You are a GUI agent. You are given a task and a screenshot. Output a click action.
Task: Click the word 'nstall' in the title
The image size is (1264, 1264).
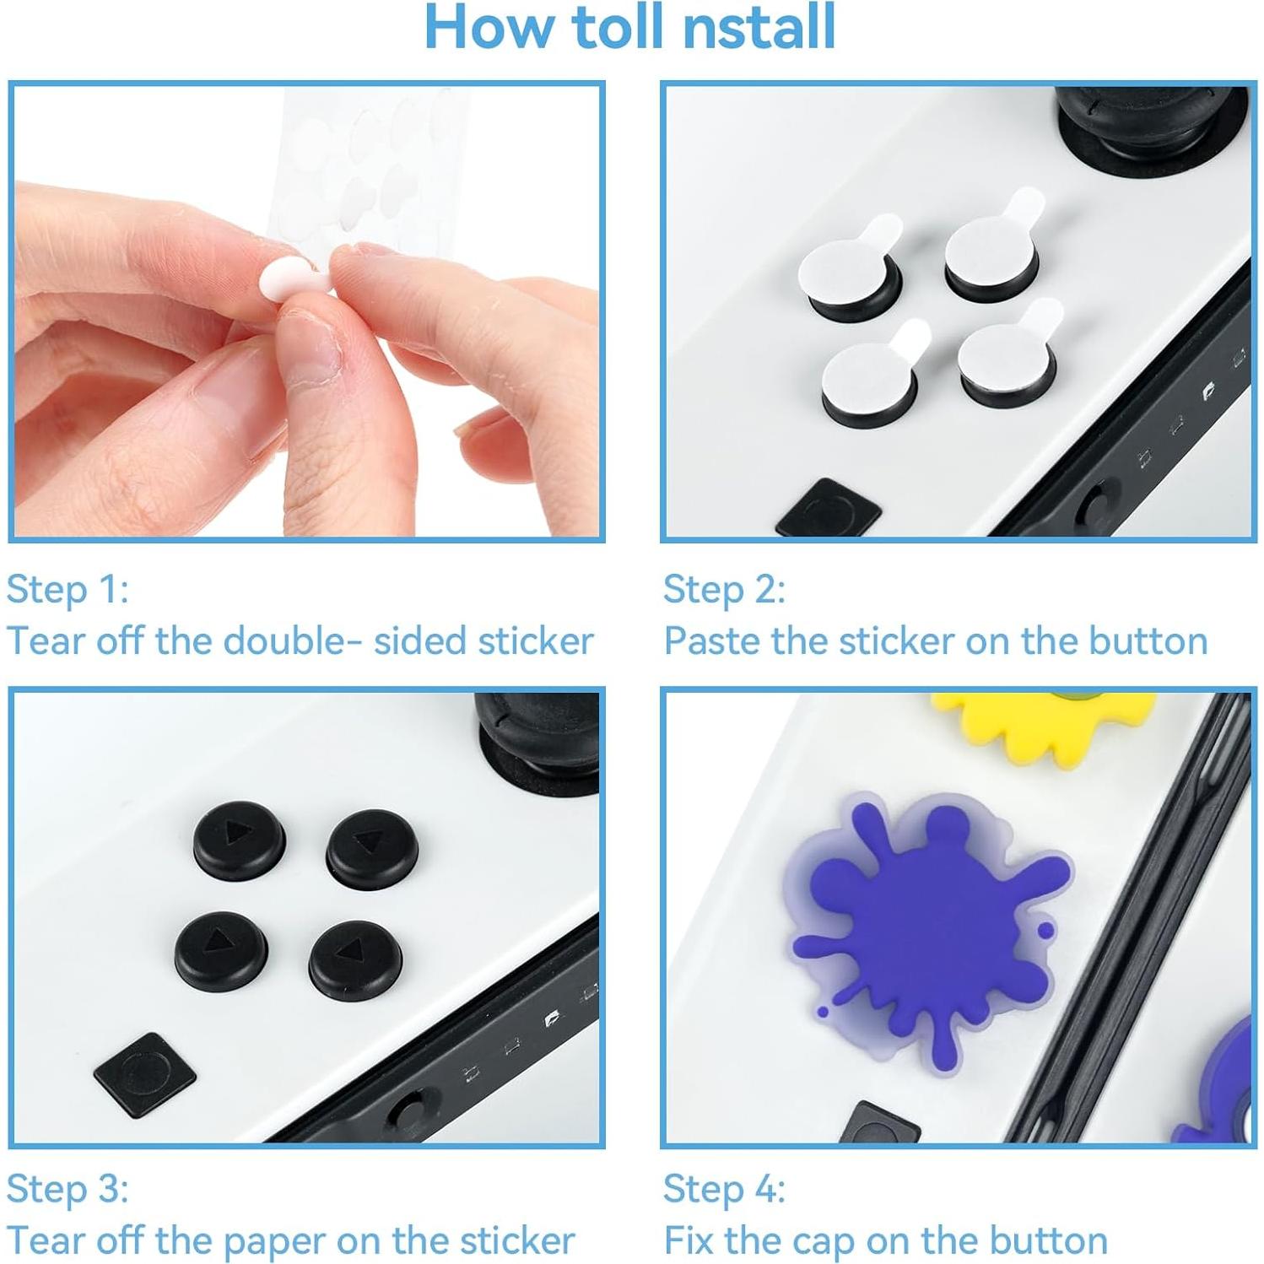(759, 27)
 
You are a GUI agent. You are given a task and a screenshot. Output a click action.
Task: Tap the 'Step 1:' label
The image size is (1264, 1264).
(68, 589)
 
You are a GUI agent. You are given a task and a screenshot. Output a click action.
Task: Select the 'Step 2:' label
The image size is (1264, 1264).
(724, 589)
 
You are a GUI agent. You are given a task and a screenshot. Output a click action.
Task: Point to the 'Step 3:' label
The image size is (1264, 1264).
(68, 1189)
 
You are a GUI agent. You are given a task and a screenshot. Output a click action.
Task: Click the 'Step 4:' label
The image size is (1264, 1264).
(724, 1189)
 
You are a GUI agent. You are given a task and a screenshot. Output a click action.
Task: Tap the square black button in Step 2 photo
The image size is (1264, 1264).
(828, 509)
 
